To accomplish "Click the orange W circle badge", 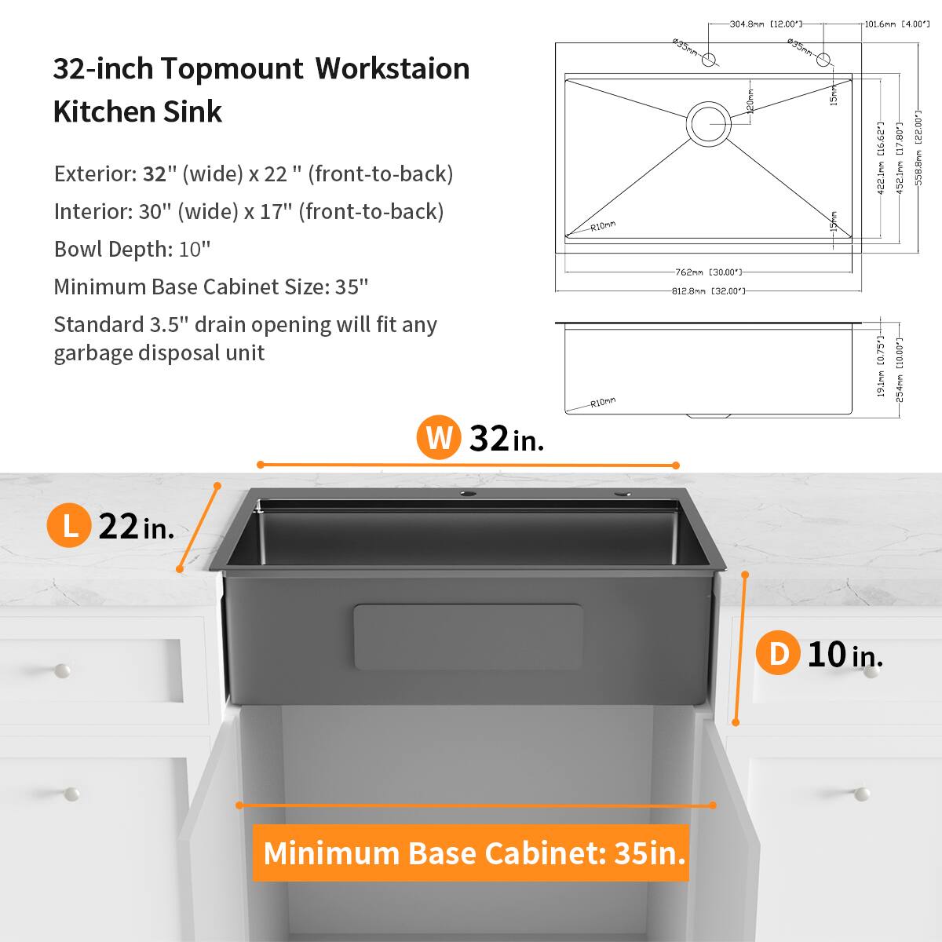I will coord(439,437).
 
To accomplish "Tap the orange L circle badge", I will coord(70,525).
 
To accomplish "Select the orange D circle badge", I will coord(778,653).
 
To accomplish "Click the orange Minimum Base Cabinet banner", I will coord(471,853).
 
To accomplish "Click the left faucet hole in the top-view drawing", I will coord(708,60).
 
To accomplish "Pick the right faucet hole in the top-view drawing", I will coord(823,60).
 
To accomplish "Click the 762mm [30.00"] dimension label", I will coord(708,272).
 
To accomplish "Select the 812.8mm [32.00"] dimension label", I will coord(708,291).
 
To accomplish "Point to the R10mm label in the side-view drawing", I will coord(603,403).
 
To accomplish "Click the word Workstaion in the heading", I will coord(392,69).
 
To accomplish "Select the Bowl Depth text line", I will coord(133,249).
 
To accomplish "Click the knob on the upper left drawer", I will coord(61,670).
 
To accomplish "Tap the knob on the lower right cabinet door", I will coord(861,794).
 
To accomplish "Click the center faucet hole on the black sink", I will coord(466,495).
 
